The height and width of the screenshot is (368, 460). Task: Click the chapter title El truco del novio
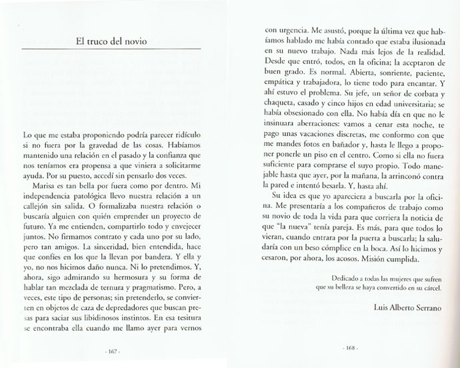(x=111, y=40)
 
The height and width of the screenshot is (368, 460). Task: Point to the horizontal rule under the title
(x=111, y=50)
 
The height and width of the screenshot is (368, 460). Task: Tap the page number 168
(x=349, y=349)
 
